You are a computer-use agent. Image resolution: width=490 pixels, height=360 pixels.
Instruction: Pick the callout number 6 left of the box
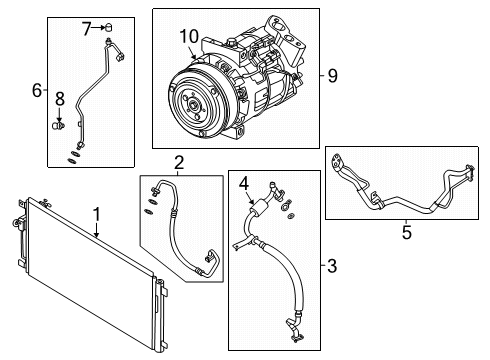[x=37, y=90]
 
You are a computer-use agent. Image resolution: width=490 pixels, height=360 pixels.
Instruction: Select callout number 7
[x=86, y=27]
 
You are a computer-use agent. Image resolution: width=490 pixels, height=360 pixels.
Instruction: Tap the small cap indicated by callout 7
[x=106, y=27]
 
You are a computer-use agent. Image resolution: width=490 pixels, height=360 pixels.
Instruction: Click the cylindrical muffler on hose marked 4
[x=262, y=205]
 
